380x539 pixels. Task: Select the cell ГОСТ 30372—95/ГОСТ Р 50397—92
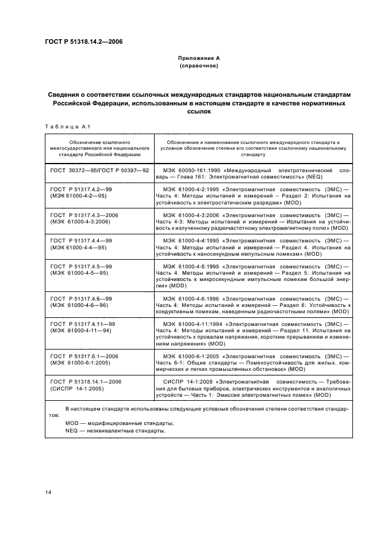[99, 171]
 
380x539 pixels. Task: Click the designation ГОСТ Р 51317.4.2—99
[81, 188]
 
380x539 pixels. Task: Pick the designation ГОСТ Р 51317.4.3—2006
[84, 214]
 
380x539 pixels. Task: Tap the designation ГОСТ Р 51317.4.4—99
[81, 240]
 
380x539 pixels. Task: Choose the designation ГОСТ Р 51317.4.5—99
[81, 266]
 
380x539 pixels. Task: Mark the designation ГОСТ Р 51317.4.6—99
[81, 298]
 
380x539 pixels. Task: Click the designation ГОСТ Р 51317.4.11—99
[83, 324]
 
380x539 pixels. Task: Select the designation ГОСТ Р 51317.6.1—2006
[84, 356]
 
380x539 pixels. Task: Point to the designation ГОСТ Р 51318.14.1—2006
[86, 382]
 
